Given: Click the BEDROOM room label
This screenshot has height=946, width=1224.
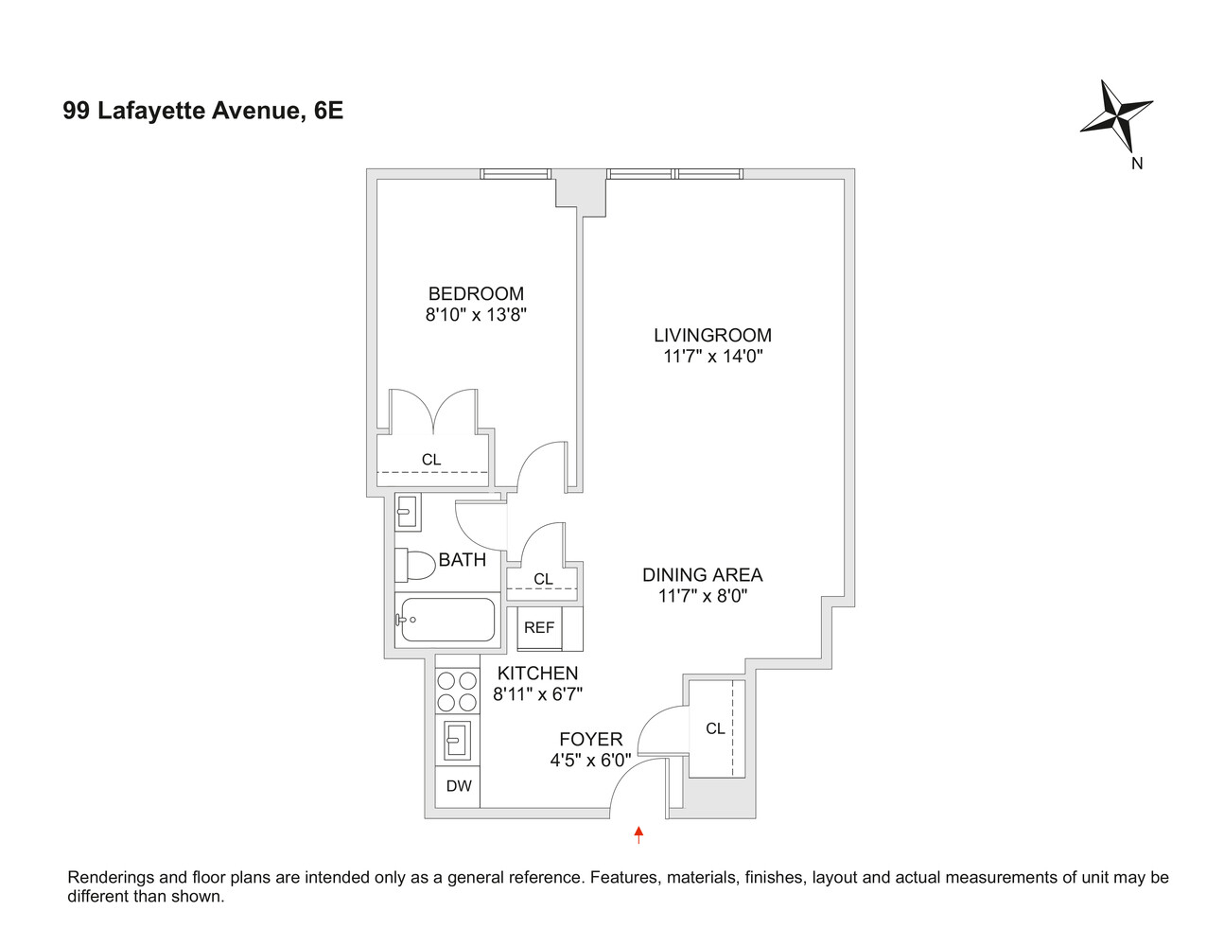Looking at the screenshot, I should pos(476,293).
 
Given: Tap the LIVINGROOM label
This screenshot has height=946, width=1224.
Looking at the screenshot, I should pos(712,335).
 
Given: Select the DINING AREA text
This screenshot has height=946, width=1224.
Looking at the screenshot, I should pos(702,574).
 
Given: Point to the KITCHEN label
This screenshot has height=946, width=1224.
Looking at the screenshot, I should pos(537,673).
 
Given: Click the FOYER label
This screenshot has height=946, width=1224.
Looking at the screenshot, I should pos(590,739).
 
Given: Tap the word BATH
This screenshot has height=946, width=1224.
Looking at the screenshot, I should pos(463,560).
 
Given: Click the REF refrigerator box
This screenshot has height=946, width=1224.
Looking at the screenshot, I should pos(539,627).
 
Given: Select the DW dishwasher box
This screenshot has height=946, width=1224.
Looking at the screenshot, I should pos(459,786).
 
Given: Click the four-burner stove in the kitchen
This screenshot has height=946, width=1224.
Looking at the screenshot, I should pos(457,691).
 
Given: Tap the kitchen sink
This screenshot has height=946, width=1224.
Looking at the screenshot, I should pos(458,740).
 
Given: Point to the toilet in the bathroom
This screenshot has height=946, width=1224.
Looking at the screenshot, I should pos(413,565).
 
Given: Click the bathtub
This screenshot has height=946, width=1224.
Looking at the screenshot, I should pos(446,621).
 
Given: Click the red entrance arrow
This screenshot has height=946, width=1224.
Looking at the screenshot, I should pos(639,833).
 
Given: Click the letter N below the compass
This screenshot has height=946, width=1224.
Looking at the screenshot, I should pos(1137,163).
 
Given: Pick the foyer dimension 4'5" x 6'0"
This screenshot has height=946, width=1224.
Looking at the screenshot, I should pos(590,760).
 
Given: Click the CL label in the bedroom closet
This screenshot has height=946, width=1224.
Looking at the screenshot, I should pos(431,460).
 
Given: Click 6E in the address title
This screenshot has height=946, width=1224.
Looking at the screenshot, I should pos(328,111).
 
